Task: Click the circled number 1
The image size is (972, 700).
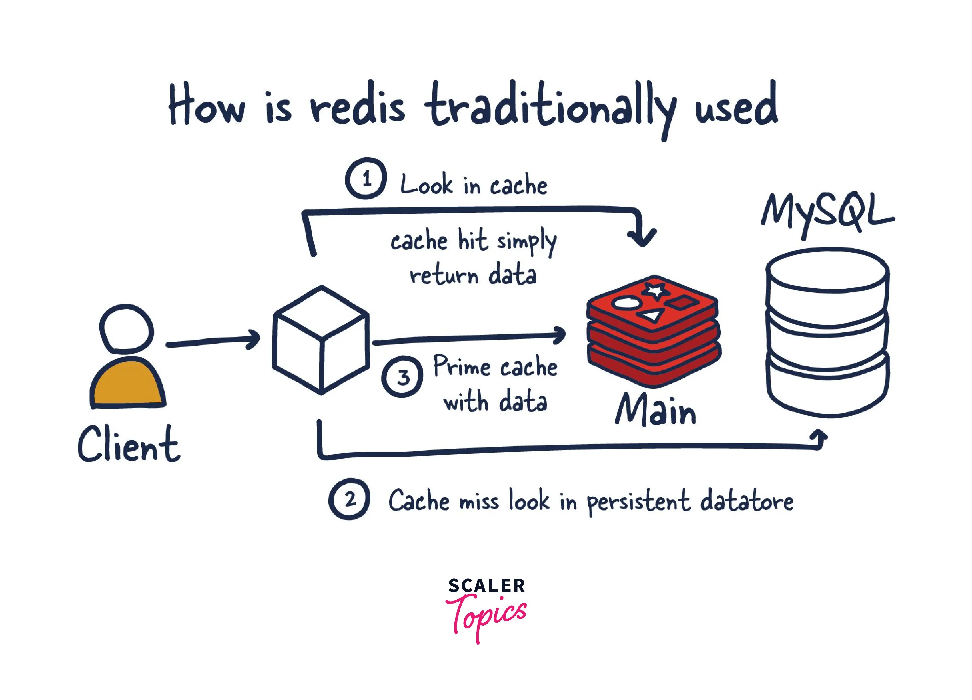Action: pos(366,179)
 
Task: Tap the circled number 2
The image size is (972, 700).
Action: pos(349,499)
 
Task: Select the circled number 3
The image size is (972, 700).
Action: pos(402,376)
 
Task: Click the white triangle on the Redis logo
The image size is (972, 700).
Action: pos(650,316)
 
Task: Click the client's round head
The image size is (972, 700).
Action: pos(126,329)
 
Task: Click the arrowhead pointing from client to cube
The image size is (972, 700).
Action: pos(254,339)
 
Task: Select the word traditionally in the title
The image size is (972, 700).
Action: pos(551,107)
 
